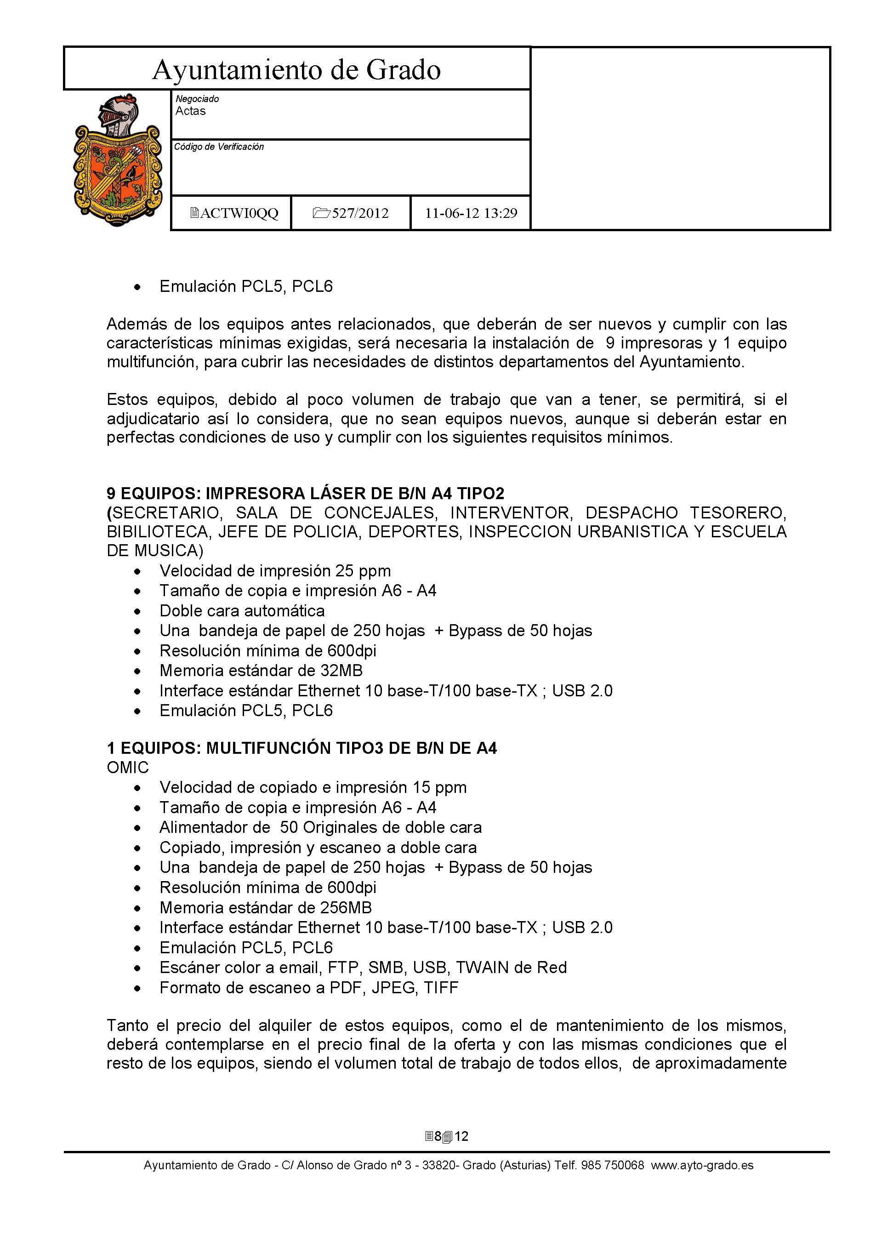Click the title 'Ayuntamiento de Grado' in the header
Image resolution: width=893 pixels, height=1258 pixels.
click(296, 70)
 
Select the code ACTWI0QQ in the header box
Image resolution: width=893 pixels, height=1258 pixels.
click(234, 213)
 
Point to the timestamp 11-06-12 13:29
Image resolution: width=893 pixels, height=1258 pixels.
click(471, 213)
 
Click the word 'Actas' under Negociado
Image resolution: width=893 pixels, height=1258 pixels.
click(190, 111)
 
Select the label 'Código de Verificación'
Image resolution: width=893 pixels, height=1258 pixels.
click(219, 147)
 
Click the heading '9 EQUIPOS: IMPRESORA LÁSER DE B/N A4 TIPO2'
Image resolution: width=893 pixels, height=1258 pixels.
click(305, 493)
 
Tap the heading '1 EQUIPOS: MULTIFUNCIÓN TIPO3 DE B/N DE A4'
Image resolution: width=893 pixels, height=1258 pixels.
click(302, 748)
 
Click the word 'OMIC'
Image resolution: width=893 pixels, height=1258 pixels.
click(128, 768)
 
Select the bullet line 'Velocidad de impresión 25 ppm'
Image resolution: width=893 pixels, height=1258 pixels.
click(275, 571)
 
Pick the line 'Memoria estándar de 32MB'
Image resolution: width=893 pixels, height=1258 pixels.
click(261, 671)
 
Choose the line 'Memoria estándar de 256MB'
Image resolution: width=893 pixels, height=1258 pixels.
click(266, 908)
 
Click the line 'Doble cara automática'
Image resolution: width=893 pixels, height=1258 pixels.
click(242, 611)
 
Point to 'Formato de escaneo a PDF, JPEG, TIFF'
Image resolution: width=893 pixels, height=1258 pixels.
click(308, 988)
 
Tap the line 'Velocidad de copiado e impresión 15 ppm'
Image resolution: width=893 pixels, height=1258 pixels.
click(313, 787)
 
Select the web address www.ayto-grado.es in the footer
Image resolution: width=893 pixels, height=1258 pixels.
click(702, 1165)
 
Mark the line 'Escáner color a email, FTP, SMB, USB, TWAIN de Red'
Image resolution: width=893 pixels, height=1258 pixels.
click(363, 968)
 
